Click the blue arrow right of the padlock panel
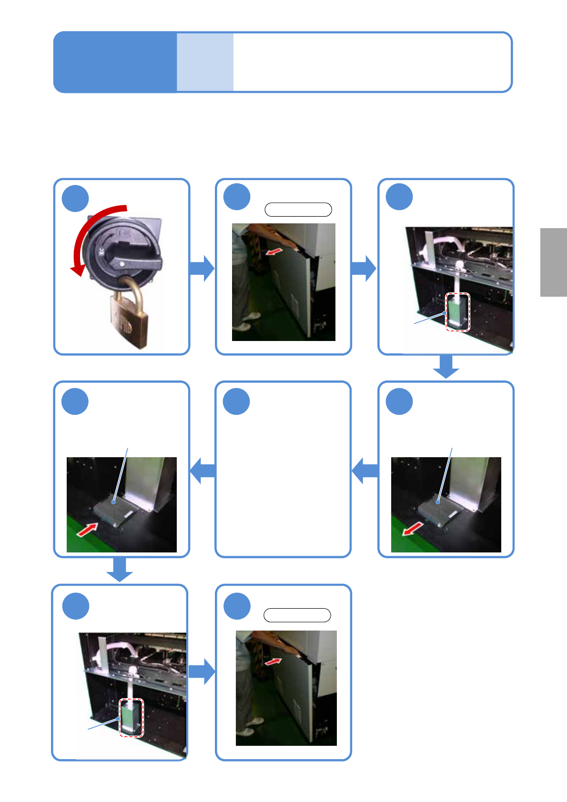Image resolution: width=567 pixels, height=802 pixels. click(202, 268)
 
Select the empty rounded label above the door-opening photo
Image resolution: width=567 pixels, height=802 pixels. click(298, 210)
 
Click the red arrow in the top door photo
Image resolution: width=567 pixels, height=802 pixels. click(273, 251)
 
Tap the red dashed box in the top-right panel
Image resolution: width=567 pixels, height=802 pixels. click(457, 312)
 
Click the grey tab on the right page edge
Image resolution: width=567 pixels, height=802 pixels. click(553, 262)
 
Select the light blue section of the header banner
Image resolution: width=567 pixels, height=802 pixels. click(205, 62)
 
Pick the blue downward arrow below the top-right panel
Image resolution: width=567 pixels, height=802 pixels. click(446, 367)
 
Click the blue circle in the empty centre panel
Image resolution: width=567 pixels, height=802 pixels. click(237, 401)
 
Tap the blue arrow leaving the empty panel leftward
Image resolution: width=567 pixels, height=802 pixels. click(202, 471)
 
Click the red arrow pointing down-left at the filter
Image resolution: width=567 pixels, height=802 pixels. click(413, 528)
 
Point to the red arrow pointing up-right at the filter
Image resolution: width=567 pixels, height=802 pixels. click(87, 529)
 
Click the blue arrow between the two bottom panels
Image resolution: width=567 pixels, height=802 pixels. click(202, 672)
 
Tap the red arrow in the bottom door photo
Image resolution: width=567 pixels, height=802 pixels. click(273, 662)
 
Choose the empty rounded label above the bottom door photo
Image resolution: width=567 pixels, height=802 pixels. click(297, 615)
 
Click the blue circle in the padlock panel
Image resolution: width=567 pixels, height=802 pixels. click(75, 199)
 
